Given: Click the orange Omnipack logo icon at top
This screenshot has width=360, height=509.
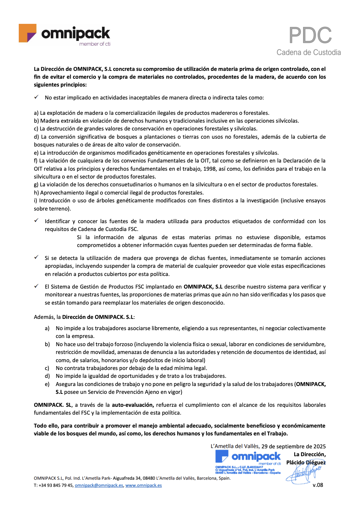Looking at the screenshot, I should click(27, 33).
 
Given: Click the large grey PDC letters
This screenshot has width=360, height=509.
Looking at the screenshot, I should click(310, 35).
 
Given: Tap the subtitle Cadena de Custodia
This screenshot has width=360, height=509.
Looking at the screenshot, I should click(309, 52).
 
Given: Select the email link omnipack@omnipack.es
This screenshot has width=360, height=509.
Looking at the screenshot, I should click(99, 485).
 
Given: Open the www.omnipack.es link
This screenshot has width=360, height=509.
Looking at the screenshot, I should click(144, 485).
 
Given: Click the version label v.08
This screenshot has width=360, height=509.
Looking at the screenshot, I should click(318, 485).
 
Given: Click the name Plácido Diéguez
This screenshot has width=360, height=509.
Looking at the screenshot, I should click(306, 462).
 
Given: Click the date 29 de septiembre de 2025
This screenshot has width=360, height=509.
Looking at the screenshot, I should click(294, 446).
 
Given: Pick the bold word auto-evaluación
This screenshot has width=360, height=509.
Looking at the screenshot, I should click(133, 405).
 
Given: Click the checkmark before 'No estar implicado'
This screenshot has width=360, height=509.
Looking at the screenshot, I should click(36, 97).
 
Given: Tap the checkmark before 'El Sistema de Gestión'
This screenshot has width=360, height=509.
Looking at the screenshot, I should click(36, 286).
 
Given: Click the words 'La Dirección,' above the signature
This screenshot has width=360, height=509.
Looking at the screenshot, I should click(310, 454).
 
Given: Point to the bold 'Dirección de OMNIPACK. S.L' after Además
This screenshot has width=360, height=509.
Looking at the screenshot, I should click(98, 317).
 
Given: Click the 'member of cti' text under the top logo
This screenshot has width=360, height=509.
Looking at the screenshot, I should click(95, 44).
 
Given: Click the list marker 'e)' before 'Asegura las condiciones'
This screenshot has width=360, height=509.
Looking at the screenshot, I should click(47, 384).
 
